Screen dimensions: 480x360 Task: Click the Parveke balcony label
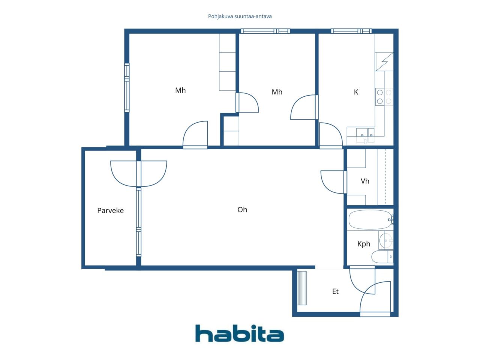[110, 210]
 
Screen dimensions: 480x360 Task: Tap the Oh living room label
[242, 210]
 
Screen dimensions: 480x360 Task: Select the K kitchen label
[356, 92]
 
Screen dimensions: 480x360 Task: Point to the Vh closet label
[365, 181]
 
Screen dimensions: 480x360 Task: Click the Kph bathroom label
[364, 244]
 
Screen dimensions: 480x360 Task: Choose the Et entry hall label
[335, 291]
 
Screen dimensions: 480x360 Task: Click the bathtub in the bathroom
[371, 219]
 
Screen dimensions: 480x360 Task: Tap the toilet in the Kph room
[382, 256]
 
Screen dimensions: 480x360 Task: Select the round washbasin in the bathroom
[386, 241]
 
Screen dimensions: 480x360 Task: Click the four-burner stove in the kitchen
[384, 97]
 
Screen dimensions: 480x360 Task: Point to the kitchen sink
[365, 135]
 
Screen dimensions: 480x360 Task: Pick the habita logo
[240, 333]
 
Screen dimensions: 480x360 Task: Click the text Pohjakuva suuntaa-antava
[240, 16]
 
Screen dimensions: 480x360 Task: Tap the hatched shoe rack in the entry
[302, 288]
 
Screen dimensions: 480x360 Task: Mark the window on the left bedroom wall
[127, 88]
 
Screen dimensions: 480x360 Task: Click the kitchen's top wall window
[351, 31]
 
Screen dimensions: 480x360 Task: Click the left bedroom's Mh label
[180, 90]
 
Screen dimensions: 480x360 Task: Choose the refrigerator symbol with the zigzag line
[384, 61]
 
